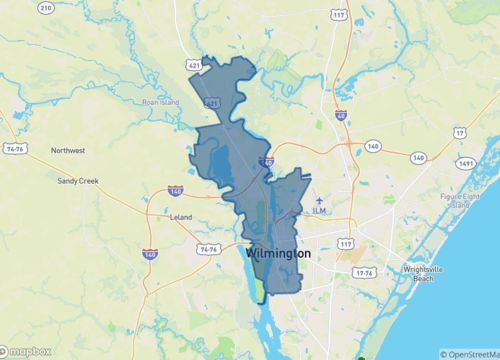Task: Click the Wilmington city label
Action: point(277,254)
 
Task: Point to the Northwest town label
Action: point(68,150)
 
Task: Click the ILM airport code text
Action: point(319,211)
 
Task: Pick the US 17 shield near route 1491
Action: point(459,132)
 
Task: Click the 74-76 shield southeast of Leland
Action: point(209,248)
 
